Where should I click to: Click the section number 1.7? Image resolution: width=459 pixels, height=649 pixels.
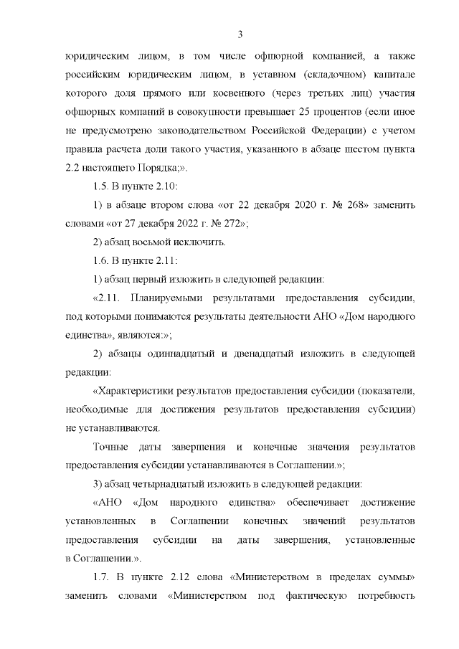(103, 577)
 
